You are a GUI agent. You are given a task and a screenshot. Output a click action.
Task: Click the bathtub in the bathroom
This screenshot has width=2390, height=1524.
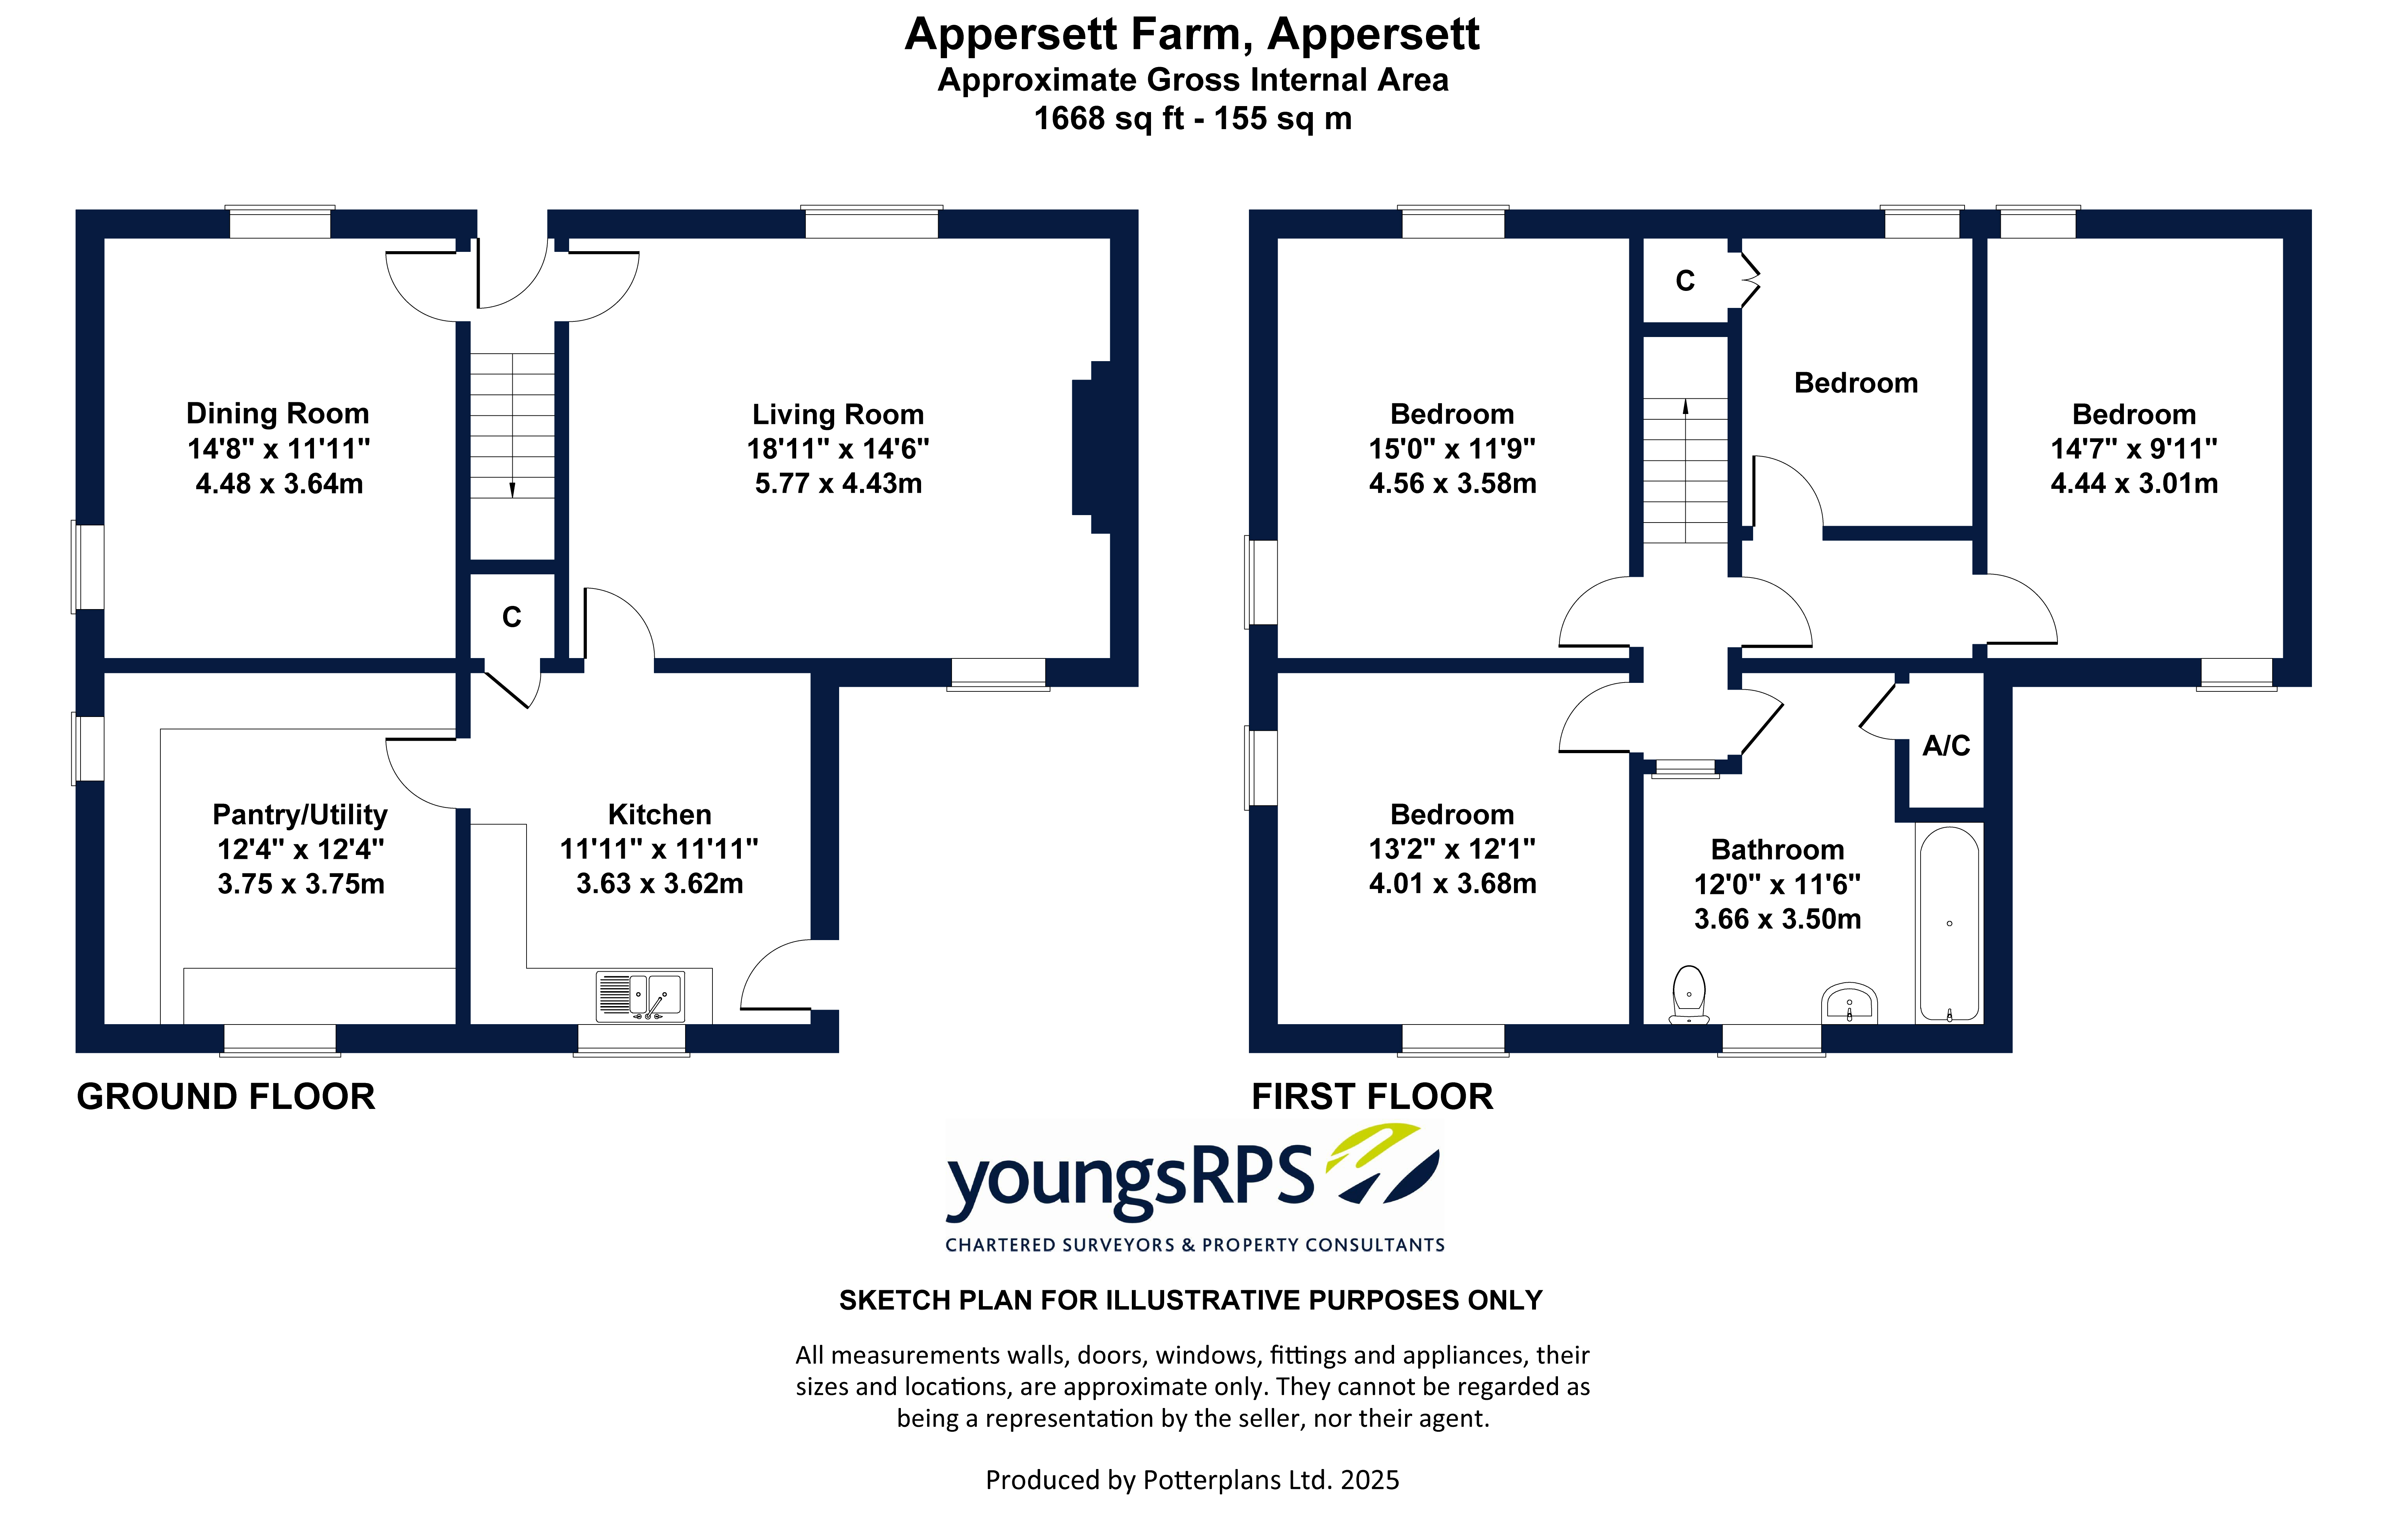click(1949, 923)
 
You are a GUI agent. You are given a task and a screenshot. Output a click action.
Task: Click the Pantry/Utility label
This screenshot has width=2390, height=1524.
click(300, 815)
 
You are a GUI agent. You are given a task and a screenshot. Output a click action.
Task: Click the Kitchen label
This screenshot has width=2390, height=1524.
click(659, 815)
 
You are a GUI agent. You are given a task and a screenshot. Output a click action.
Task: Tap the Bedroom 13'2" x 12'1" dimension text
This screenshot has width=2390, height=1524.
click(1452, 849)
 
